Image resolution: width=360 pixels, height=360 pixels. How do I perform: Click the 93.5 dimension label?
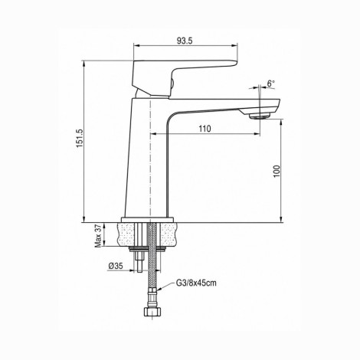[185, 41]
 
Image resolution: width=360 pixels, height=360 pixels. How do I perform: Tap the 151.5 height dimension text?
[80, 138]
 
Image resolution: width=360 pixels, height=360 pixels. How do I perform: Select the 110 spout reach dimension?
[205, 129]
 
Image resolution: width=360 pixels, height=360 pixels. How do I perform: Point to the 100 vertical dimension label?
[277, 172]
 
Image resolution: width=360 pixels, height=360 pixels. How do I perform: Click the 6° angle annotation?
[270, 83]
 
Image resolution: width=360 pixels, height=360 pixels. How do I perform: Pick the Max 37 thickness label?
[98, 237]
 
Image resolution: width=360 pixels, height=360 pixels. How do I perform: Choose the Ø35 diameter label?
[116, 266]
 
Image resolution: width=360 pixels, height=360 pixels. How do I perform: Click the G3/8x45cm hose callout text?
[196, 283]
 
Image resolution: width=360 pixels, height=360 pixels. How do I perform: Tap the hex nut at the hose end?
[152, 312]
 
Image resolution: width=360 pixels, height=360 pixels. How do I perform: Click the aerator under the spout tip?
[259, 116]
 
